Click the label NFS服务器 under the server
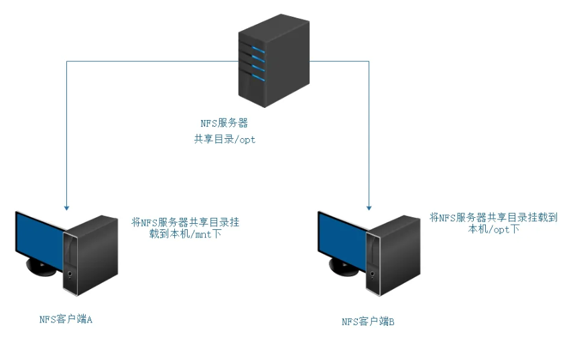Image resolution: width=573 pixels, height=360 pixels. tap(225, 124)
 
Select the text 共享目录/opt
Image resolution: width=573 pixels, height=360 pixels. tap(225, 139)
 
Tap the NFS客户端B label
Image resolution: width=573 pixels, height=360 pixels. tap(368, 322)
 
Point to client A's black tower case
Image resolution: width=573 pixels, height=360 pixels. tap(90, 255)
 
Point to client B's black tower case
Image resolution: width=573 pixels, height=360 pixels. tap(393, 255)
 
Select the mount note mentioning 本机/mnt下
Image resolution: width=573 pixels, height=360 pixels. tap(184, 228)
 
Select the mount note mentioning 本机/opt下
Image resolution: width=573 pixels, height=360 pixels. tap(493, 223)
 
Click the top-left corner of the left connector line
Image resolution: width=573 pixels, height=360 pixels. tap(66, 61)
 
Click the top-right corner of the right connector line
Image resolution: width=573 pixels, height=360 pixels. tap(369, 61)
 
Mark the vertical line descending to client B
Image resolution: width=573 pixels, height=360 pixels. tap(369, 134)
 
